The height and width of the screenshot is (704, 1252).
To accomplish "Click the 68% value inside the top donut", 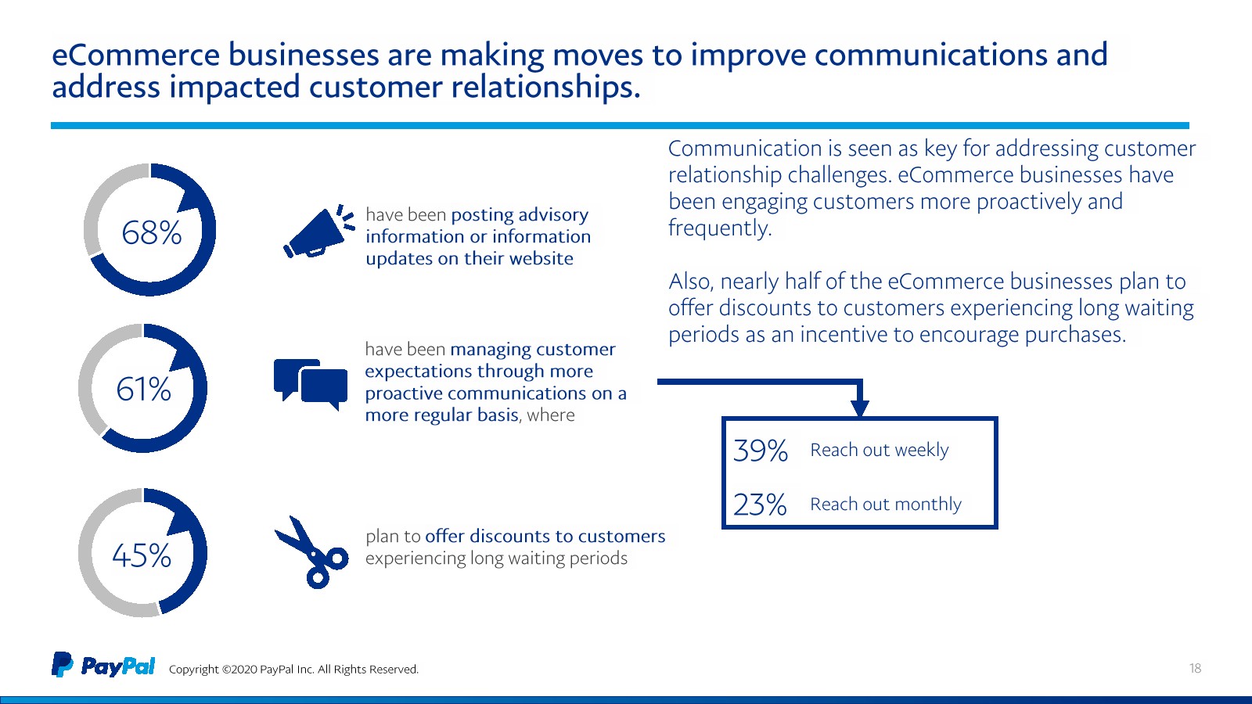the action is pyautogui.click(x=152, y=232).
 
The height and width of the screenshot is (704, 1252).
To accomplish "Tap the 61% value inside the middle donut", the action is pyautogui.click(x=144, y=389).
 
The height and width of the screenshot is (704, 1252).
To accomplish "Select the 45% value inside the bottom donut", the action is pyautogui.click(x=142, y=555).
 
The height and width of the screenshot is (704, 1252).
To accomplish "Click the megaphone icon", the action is pyautogui.click(x=318, y=232).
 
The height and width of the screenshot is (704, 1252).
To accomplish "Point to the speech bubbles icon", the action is pyautogui.click(x=310, y=384).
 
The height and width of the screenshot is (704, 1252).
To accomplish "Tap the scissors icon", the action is pyautogui.click(x=311, y=552).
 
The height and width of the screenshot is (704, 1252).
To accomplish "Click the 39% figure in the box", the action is pyautogui.click(x=760, y=451).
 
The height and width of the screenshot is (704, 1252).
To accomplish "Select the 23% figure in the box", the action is pyautogui.click(x=760, y=505).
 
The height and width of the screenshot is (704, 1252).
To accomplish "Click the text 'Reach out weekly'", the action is pyautogui.click(x=880, y=450).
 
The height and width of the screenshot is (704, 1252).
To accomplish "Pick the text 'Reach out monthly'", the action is pyautogui.click(x=886, y=504).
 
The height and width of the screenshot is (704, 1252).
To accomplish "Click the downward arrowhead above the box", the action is pyautogui.click(x=860, y=408).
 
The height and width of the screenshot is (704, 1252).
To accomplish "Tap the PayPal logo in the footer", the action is pyautogui.click(x=103, y=665).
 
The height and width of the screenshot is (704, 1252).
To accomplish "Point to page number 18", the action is pyautogui.click(x=1195, y=668).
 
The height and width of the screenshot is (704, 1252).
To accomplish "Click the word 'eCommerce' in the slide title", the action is pyautogui.click(x=136, y=55).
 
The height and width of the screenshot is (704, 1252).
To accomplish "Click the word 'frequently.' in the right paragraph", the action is pyautogui.click(x=720, y=228).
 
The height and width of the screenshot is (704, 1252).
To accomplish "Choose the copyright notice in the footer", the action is pyautogui.click(x=293, y=669).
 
